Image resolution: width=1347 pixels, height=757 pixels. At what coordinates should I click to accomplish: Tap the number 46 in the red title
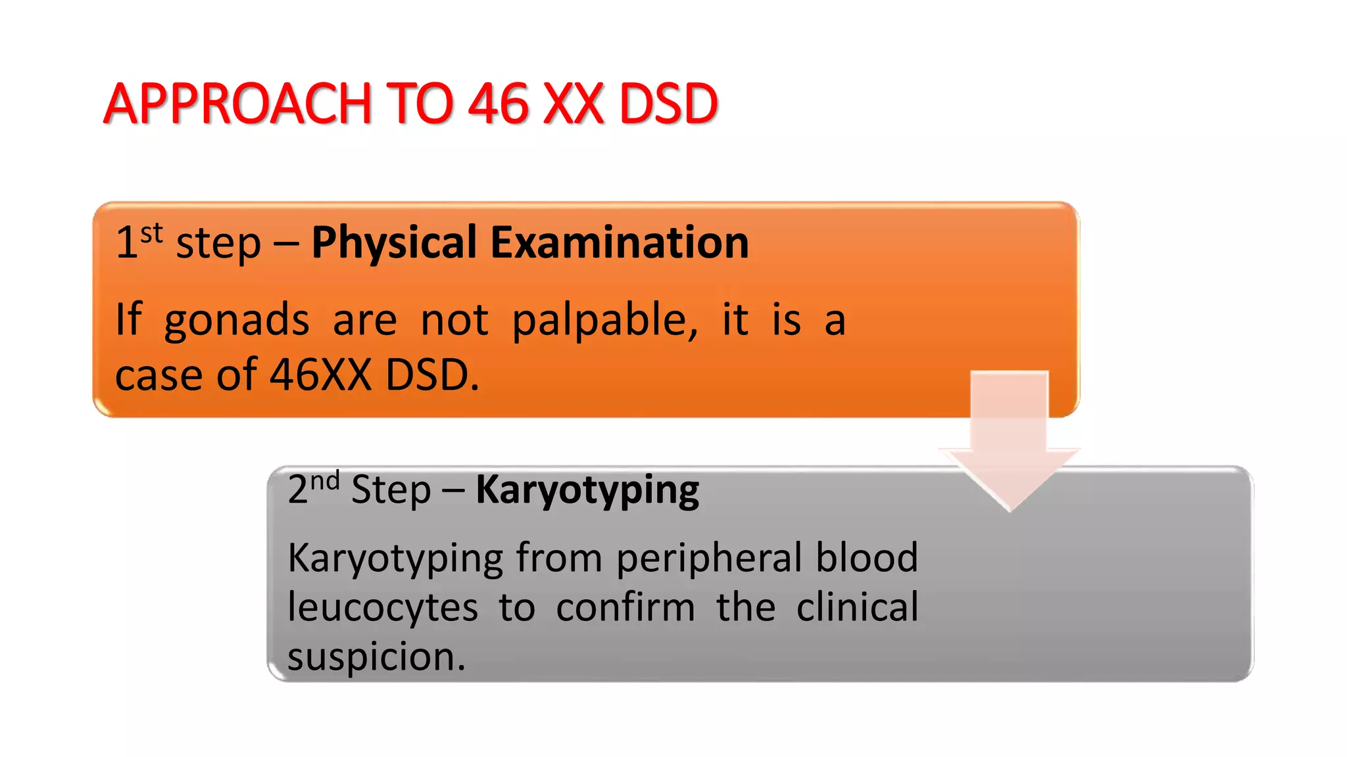(x=498, y=104)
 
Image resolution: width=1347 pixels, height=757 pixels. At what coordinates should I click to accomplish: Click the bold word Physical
(x=394, y=242)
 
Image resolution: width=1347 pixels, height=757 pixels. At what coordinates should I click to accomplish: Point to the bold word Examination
(x=620, y=242)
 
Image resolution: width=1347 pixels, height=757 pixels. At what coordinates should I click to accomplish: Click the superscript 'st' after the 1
(x=151, y=233)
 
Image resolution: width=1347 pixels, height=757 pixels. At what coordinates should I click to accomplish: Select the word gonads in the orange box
(x=237, y=321)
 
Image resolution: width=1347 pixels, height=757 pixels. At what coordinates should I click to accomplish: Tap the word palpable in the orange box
(x=604, y=321)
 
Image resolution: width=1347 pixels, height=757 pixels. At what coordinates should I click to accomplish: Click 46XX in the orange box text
(x=321, y=375)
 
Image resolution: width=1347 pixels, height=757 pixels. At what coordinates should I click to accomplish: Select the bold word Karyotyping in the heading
(x=587, y=490)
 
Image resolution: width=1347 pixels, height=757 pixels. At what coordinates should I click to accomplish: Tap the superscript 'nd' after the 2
(x=325, y=481)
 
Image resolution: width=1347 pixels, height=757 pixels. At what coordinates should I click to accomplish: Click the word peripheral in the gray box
(x=708, y=558)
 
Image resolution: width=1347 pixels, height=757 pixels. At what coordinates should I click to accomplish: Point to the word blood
(x=867, y=558)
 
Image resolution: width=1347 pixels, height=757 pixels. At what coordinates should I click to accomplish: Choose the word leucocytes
(x=383, y=608)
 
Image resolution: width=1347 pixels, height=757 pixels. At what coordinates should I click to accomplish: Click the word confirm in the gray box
(x=625, y=608)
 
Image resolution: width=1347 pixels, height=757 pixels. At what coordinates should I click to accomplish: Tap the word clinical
(x=857, y=607)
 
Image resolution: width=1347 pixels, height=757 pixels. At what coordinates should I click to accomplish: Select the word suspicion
(x=376, y=657)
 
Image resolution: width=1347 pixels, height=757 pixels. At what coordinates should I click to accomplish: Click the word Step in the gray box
(x=391, y=491)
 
